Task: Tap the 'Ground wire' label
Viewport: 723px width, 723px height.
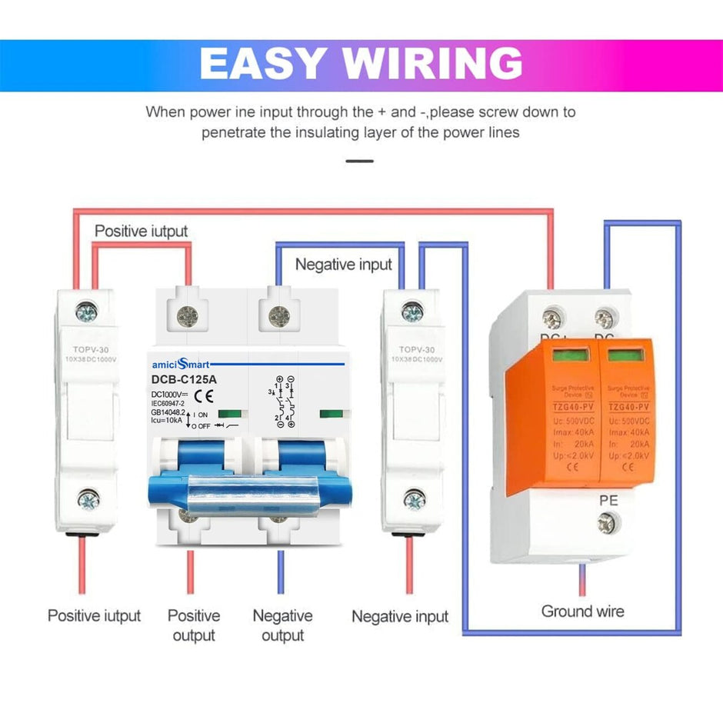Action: pos(582,611)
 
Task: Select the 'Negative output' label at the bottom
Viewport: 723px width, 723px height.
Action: pos(282,625)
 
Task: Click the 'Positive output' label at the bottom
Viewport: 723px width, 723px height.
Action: pos(194,625)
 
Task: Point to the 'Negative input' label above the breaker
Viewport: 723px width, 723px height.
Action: pos(344,265)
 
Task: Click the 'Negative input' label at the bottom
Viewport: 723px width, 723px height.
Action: pos(400,616)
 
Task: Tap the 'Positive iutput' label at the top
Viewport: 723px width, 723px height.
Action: pos(141,231)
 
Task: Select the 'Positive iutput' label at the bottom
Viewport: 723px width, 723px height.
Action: pos(94,615)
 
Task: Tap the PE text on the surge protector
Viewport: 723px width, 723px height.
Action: pos(608,501)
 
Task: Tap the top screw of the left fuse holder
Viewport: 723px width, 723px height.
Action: pos(88,312)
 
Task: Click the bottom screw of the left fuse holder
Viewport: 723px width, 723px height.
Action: pos(88,501)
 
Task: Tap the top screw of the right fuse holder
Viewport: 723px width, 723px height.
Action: pos(412,312)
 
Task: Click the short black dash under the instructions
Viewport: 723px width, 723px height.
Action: pos(360,161)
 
